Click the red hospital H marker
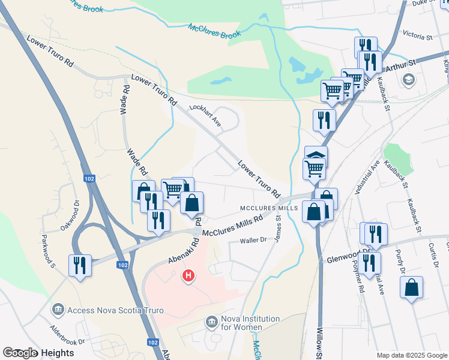188,276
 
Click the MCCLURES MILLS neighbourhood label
270,208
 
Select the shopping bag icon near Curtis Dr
411,289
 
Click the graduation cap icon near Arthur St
408,79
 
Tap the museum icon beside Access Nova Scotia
58,310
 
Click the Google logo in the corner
20,353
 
